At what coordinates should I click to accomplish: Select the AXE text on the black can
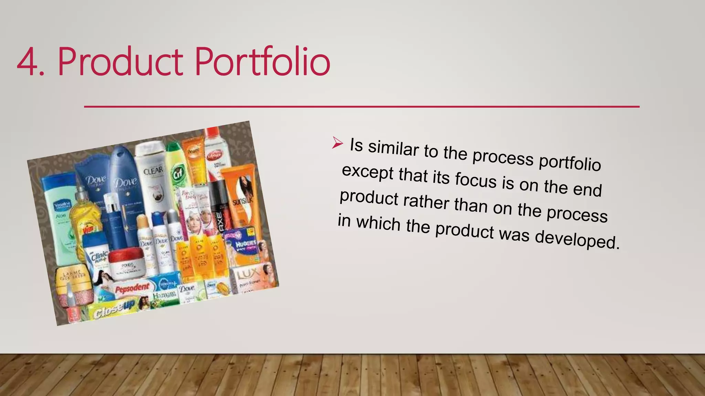coord(219,221)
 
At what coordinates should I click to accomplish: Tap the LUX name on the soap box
coord(249,274)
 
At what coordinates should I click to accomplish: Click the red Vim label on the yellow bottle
coord(88,228)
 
